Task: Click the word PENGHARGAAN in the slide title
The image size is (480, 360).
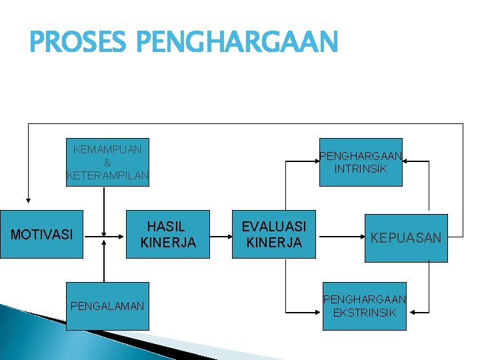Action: [x=237, y=43]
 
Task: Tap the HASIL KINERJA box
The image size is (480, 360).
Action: [x=168, y=235]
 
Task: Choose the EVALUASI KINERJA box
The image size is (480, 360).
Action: [x=274, y=235]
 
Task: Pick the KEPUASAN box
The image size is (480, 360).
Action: [x=406, y=238]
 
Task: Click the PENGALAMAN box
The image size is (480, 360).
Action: [x=107, y=306]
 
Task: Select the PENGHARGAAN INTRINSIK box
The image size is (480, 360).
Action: [x=361, y=162]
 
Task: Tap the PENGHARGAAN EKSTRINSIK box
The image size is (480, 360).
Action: [x=364, y=306]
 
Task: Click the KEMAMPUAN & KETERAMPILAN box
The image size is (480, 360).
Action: [x=107, y=162]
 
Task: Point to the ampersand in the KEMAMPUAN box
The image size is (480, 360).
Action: [x=107, y=163]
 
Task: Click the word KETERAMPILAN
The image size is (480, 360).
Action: [x=107, y=176]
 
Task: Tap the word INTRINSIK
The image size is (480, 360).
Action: [x=361, y=169]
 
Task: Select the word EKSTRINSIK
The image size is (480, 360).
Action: [x=364, y=313]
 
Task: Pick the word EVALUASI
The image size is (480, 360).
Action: [x=274, y=227]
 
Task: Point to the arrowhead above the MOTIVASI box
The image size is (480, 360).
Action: [x=28, y=199]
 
